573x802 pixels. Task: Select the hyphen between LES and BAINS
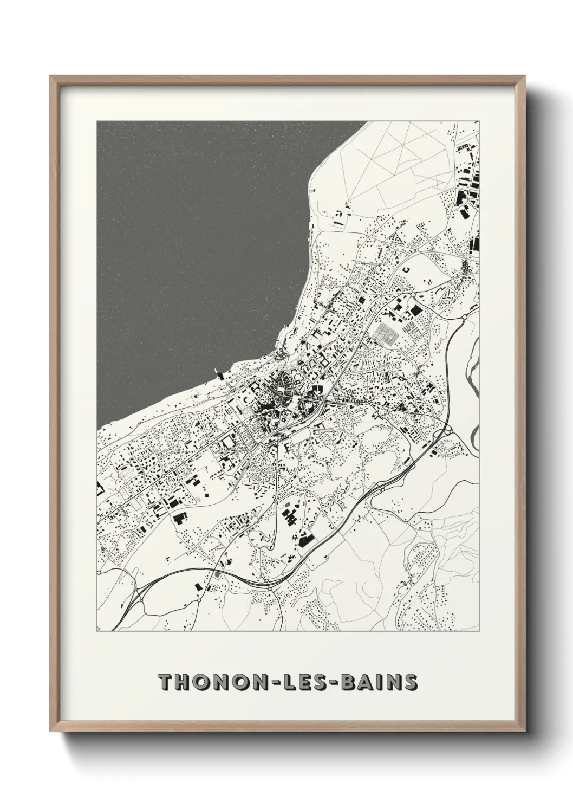[x=330, y=683]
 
